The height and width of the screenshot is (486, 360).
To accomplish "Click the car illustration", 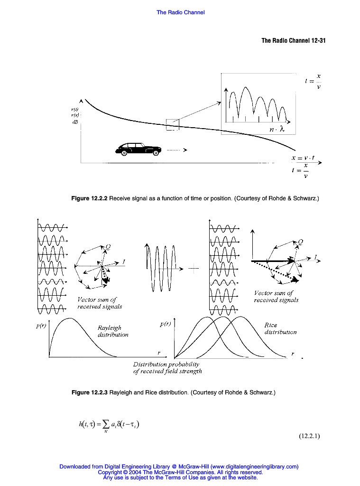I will pyautogui.click(x=138, y=149).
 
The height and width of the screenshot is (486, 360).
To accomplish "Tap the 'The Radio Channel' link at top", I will pyautogui.click(x=180, y=12).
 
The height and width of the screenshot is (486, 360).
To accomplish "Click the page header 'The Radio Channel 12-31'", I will pyautogui.click(x=293, y=40).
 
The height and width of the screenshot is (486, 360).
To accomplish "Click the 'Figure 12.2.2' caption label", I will pyautogui.click(x=90, y=198).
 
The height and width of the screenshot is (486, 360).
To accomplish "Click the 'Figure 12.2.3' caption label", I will pyautogui.click(x=90, y=393).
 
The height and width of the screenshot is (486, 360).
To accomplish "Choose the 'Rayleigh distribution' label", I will pyautogui.click(x=113, y=331).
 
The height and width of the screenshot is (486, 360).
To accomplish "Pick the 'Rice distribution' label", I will pyautogui.click(x=280, y=328).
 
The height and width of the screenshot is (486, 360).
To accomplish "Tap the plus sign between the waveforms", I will pyautogui.click(x=194, y=269).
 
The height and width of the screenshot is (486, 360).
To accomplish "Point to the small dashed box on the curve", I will pyautogui.click(x=172, y=124).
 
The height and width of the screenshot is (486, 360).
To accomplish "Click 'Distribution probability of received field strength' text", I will pyautogui.click(x=167, y=367).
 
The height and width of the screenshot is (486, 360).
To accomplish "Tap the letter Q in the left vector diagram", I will pyautogui.click(x=108, y=246).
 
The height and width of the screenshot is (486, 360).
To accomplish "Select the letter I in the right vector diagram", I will pyautogui.click(x=315, y=257).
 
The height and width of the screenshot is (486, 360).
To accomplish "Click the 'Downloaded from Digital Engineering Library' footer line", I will pyautogui.click(x=179, y=467).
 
